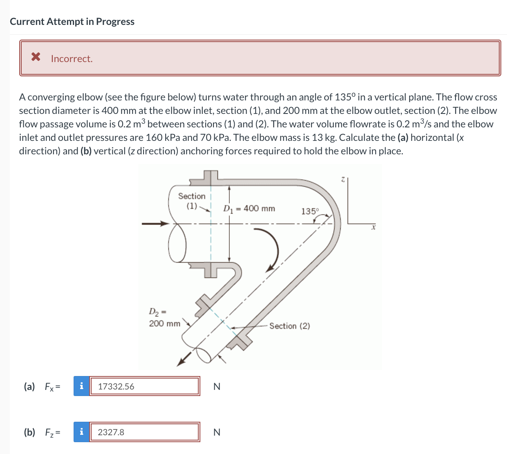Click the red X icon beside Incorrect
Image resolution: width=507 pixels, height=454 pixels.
[x=36, y=57]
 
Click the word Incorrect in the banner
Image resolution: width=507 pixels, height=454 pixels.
[x=72, y=59]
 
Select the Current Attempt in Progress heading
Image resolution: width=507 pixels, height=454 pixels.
[x=72, y=22]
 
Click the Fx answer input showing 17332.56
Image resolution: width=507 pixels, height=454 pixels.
[x=144, y=386]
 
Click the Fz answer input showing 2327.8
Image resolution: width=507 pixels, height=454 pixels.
[x=144, y=432]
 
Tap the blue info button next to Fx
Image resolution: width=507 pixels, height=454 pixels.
[x=81, y=386]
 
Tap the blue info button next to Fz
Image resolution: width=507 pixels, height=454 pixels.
[x=81, y=432]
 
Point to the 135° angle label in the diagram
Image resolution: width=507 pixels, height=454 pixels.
[x=310, y=211]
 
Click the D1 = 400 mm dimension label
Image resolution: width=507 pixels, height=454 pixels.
[x=249, y=209]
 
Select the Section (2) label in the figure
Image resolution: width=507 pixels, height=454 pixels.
[x=289, y=326]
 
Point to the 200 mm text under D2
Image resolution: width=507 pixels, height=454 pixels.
[x=164, y=323]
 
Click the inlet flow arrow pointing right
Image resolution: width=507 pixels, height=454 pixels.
[x=155, y=223]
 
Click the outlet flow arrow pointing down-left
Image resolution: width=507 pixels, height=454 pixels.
[x=184, y=359]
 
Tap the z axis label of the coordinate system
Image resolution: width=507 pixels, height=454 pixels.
[x=343, y=179]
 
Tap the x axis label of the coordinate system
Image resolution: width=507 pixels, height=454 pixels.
[x=373, y=227]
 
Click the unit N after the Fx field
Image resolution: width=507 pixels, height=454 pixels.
[x=217, y=387]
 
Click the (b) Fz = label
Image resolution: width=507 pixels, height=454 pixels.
[x=42, y=432]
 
